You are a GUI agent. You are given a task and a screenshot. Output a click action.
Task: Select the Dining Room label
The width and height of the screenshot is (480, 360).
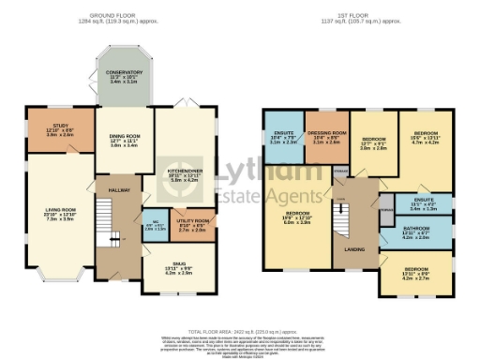click(125, 138)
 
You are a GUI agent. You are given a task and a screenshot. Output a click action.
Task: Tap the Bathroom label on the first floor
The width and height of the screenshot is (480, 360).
click(415, 227)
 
